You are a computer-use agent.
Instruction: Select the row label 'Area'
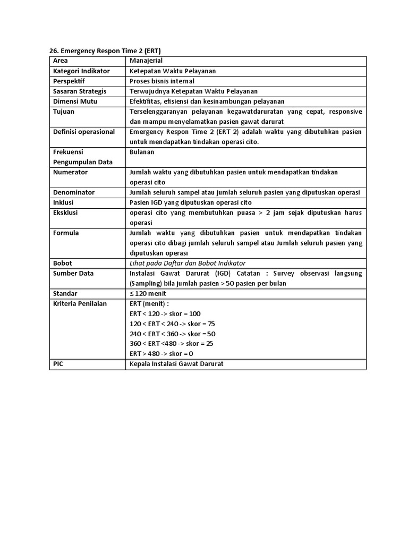click(62, 61)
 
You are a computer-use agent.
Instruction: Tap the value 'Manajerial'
click(146, 61)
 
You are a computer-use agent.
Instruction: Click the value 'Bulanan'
click(142, 152)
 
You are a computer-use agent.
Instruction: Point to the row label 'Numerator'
click(71, 172)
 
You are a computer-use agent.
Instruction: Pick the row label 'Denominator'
click(74, 192)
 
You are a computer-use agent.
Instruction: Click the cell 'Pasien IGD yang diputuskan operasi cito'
click(191, 202)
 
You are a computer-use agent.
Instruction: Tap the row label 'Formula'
click(66, 233)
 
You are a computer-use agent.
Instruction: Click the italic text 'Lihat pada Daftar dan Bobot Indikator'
click(188, 263)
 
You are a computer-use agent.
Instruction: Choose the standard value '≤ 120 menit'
click(148, 293)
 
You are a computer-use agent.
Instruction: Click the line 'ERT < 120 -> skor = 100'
click(165, 313)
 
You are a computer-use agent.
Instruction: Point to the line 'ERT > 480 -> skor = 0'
click(161, 354)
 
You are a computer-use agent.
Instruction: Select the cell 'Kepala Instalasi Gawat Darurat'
click(176, 364)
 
